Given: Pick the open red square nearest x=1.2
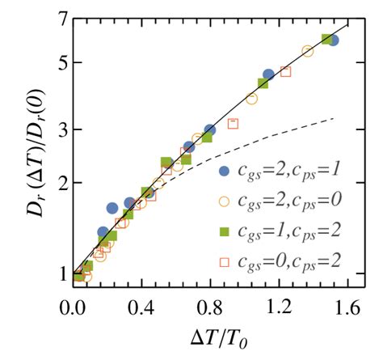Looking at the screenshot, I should (285, 72).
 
